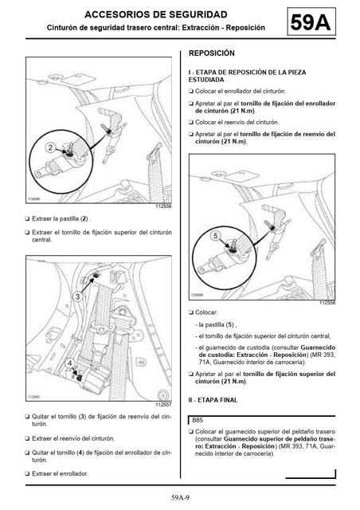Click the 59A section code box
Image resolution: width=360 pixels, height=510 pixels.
coord(311,22)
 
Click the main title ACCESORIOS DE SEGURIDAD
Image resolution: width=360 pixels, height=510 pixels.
coord(156,14)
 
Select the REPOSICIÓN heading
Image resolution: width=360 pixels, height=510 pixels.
coord(211,53)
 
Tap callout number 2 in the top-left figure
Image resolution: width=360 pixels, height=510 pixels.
coord(50,147)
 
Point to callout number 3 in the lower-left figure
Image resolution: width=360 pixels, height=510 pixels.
coord(77,296)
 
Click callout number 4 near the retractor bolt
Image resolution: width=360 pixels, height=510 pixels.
coord(71,363)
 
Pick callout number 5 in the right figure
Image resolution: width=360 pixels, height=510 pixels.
coord(215,236)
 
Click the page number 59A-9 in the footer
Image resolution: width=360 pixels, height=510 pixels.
coord(180,497)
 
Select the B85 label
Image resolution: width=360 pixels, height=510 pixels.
coord(198,420)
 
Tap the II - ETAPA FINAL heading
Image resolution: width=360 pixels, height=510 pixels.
coord(213,400)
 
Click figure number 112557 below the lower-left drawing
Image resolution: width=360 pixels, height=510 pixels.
coord(163,405)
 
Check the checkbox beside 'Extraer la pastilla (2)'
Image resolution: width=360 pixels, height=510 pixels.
coord(27,218)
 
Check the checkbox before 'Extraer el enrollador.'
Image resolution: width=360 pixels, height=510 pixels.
coord(27,473)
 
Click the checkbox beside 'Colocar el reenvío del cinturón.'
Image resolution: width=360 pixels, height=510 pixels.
coord(191,122)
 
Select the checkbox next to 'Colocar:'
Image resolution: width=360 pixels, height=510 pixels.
coord(191,312)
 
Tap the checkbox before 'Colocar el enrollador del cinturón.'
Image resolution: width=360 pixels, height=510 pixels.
coord(191,92)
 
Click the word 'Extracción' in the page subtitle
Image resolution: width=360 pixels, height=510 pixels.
coord(201,28)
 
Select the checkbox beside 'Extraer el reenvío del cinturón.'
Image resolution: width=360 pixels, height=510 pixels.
coord(27,438)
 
